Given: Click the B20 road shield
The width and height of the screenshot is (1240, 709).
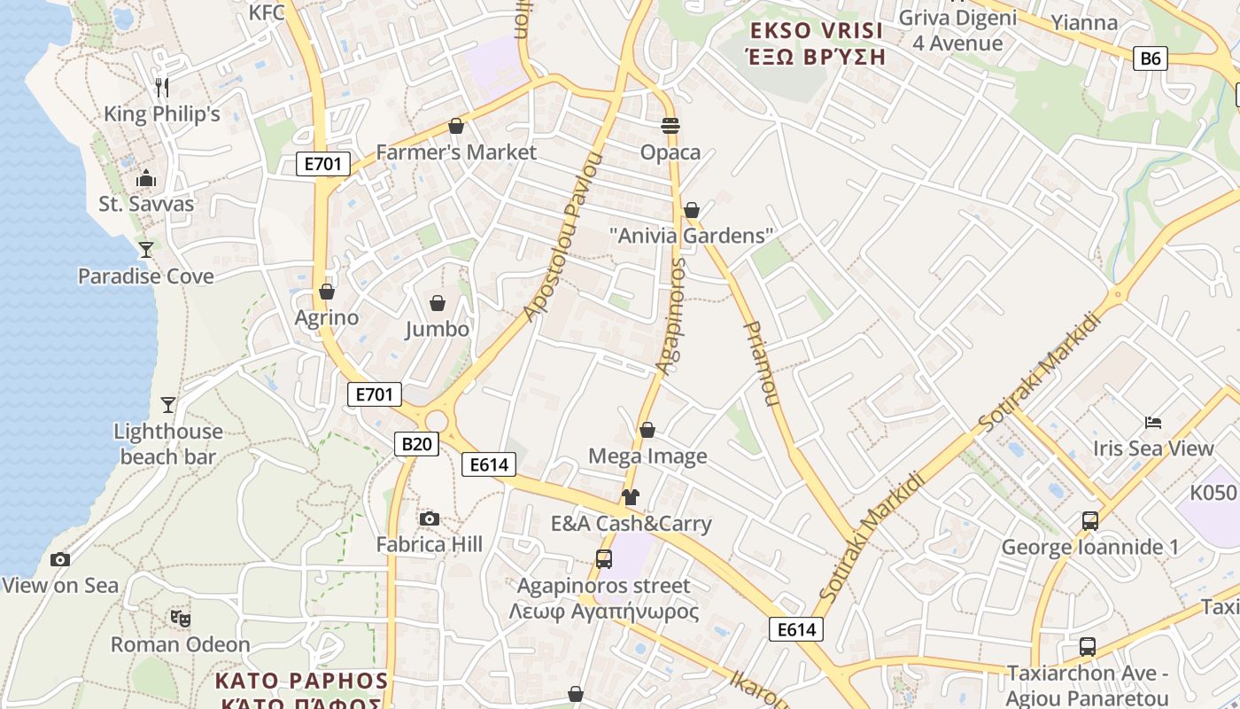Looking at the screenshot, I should pos(416,444).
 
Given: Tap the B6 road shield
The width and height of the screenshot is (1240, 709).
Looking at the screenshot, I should pos(1150,58).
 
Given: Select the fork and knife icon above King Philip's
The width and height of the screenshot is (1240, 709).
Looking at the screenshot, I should pos(161,87).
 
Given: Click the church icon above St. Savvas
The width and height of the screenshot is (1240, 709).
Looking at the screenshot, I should pos(146,178).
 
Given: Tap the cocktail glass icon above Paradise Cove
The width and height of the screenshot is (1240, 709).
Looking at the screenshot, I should pos(146,250).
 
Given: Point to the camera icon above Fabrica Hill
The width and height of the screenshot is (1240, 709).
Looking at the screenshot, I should pos(430,518).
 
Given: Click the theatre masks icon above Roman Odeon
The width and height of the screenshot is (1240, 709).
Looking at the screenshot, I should pos(180,618).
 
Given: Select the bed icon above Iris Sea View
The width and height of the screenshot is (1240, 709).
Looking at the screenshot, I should pos(1152,422).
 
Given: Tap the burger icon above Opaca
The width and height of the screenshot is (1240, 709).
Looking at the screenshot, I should pos(670,126).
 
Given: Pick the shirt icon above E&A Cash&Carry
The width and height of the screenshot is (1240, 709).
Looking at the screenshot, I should pos(631,497).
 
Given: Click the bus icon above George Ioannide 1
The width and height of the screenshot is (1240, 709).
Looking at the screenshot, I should pos(1089,521).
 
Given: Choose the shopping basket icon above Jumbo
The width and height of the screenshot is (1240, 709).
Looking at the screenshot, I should pos(438,303).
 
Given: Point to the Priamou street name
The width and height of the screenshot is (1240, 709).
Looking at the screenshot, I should pos(760,363).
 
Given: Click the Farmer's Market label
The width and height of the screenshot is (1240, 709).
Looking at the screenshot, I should pos(456,152).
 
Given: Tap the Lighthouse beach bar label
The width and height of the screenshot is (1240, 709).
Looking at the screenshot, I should pos(168,444).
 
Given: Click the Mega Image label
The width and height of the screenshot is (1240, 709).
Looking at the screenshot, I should pos(647,456).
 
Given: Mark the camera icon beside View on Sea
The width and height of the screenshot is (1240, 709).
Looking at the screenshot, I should pos(60,559).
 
